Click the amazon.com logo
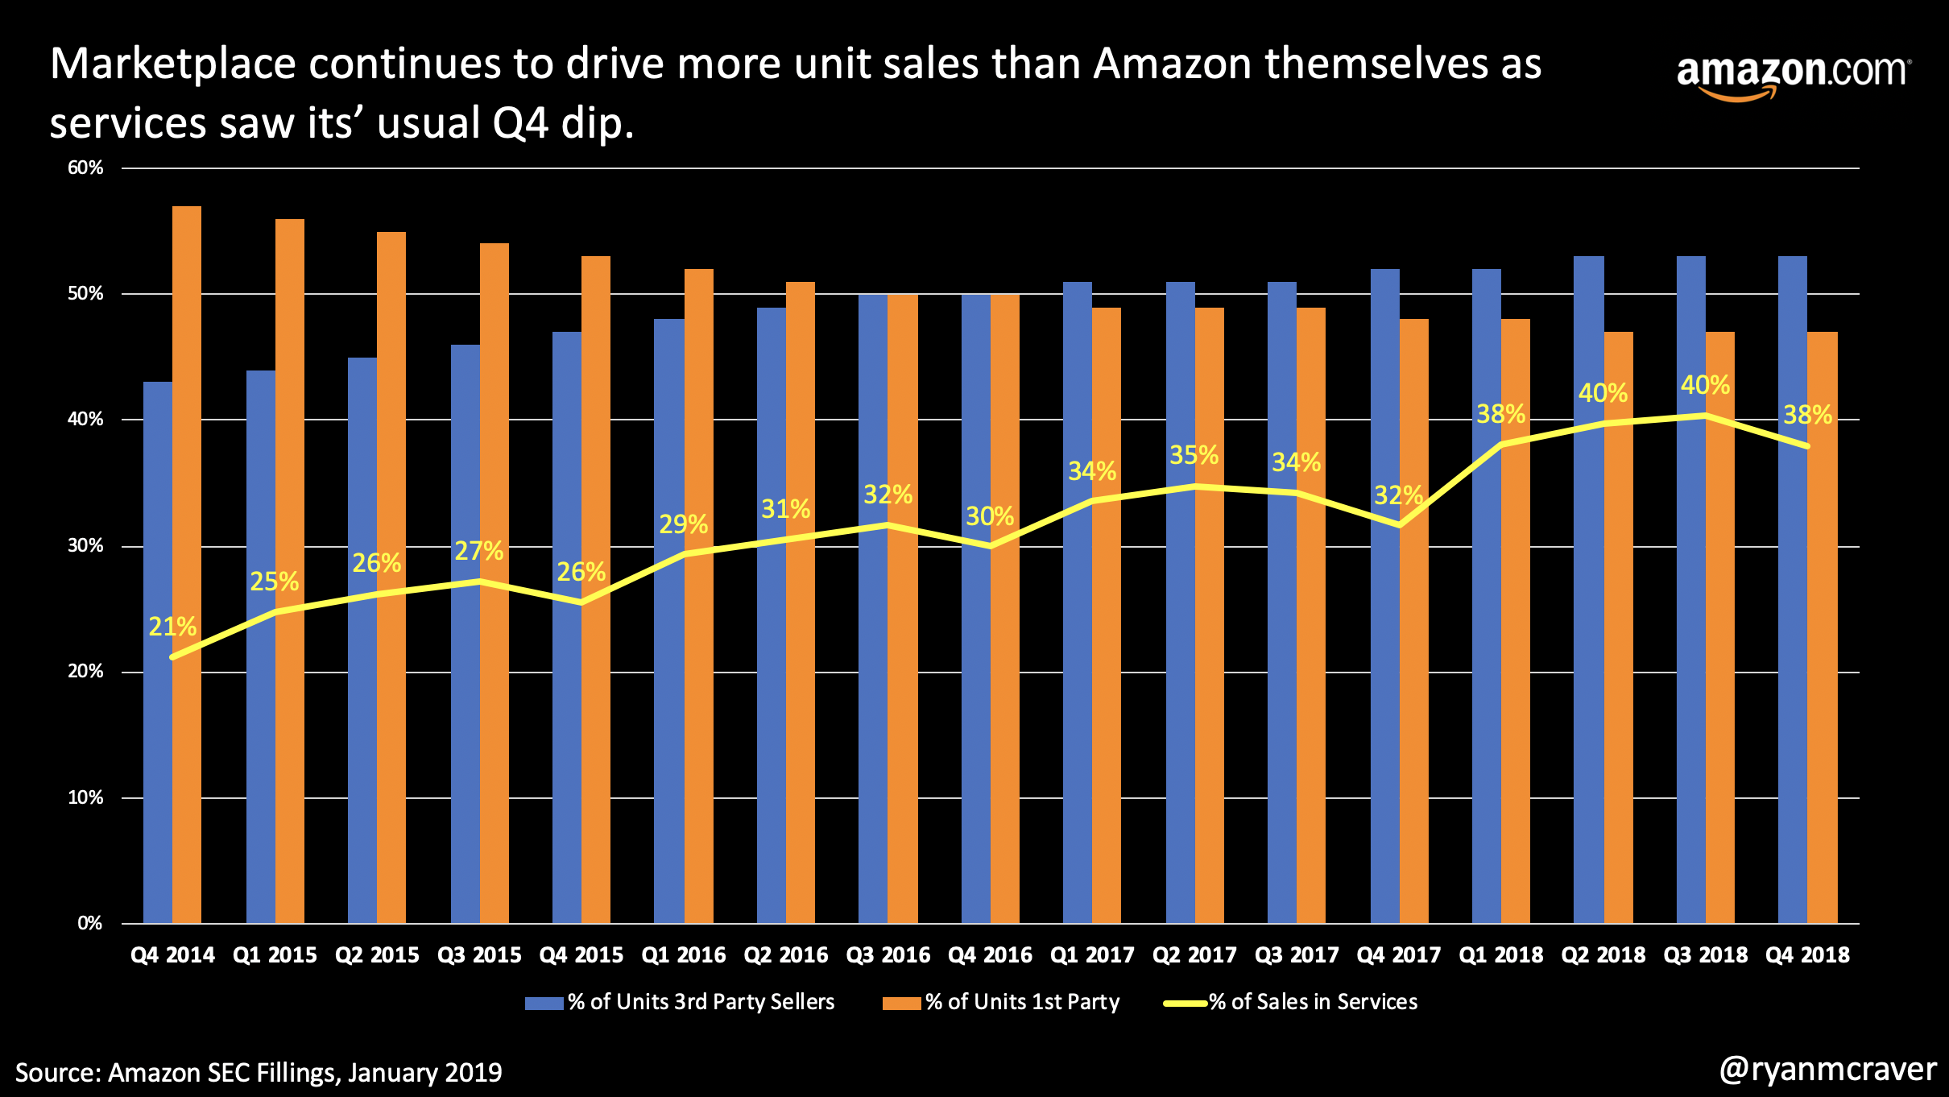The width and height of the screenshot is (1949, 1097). click(x=1792, y=75)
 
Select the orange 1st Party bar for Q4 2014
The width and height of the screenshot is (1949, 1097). click(x=187, y=564)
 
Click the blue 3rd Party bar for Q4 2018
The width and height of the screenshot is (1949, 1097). click(x=1792, y=588)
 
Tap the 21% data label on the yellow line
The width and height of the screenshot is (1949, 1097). click(x=172, y=627)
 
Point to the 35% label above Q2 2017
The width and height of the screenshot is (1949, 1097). click(x=1194, y=455)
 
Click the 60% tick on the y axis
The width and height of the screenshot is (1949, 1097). click(x=85, y=168)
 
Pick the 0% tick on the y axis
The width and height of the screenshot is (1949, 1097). click(x=89, y=923)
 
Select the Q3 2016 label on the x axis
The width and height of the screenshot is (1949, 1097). click(x=888, y=955)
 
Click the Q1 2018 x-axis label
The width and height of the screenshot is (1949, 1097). click(x=1500, y=955)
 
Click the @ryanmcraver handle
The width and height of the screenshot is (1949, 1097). click(x=1827, y=1070)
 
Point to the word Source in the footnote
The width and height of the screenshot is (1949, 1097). click(x=58, y=1073)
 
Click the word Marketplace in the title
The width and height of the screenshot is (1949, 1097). click(x=173, y=64)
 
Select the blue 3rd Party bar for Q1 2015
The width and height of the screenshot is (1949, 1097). click(x=260, y=644)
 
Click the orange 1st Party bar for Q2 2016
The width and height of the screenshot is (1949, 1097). click(x=801, y=604)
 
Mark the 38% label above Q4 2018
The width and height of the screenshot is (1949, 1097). click(x=1807, y=416)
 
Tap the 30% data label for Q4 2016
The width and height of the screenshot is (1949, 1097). click(x=990, y=516)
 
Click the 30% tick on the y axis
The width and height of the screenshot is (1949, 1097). click(x=85, y=545)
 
